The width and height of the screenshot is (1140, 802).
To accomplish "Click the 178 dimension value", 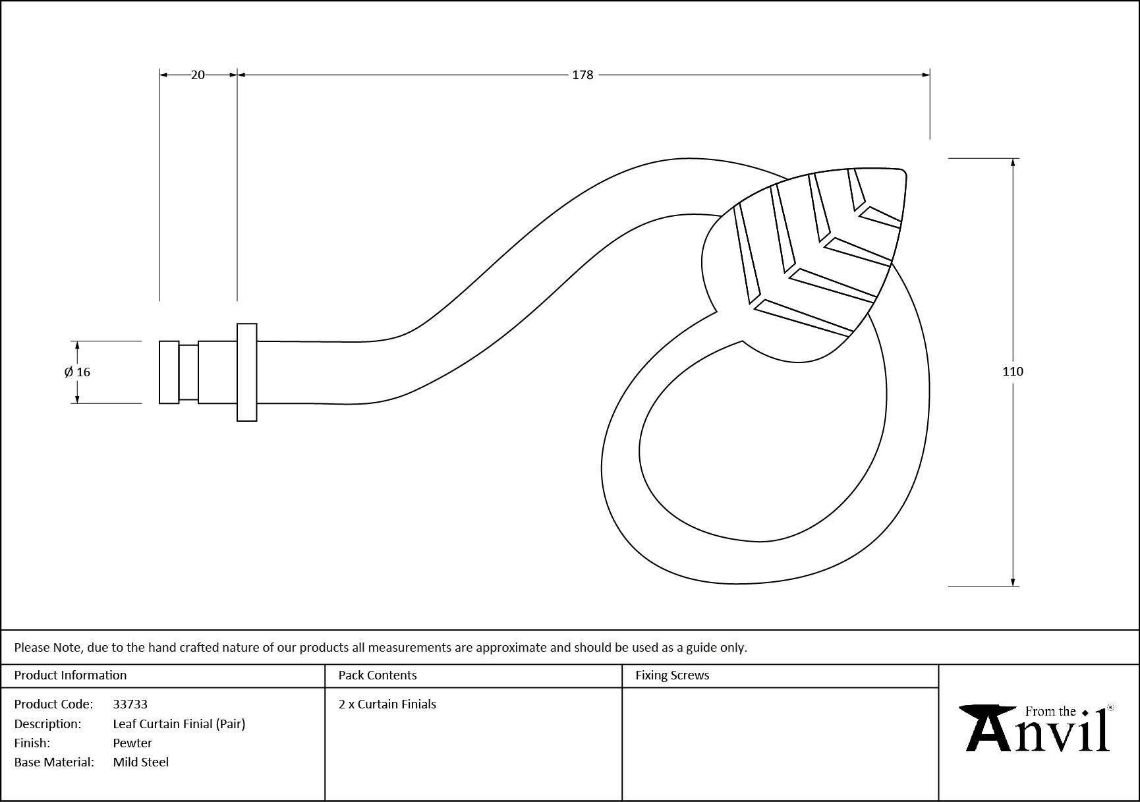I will tap(583, 75).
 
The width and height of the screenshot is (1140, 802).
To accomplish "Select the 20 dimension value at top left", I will tap(198, 75).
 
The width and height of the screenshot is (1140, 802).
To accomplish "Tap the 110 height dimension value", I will tap(1012, 372).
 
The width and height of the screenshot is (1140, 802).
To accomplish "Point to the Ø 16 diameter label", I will tap(77, 372).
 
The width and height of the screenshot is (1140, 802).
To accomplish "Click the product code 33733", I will tap(130, 704).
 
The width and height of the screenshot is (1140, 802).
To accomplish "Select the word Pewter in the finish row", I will tap(132, 743).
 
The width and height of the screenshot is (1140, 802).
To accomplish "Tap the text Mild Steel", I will tap(141, 762).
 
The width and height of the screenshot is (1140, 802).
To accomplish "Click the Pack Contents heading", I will tap(378, 675).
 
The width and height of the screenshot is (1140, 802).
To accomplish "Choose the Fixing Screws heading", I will tap(672, 675).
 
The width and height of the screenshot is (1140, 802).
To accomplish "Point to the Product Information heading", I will tap(71, 675).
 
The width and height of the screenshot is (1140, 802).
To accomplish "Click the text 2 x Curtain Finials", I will tap(387, 704).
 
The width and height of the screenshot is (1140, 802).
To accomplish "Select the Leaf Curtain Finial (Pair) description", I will tap(179, 724).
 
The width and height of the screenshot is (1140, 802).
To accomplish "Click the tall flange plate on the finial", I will tap(247, 372).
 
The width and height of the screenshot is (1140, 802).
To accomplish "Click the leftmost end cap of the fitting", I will tap(169, 372).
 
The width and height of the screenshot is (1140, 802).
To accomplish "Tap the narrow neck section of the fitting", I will tap(188, 372).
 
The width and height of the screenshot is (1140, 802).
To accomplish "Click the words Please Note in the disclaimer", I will tap(48, 648).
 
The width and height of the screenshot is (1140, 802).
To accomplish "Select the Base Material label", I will tap(54, 762).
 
